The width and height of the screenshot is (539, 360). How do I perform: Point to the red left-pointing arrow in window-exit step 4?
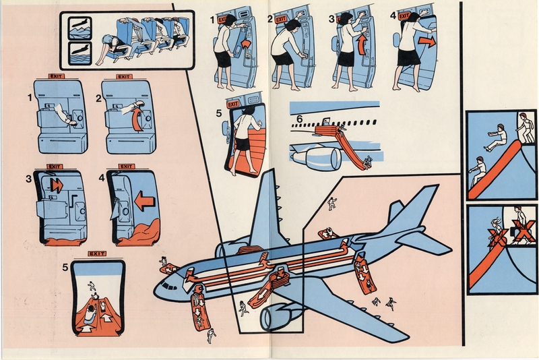coord(144,200)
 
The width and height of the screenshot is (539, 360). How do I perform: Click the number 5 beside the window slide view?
coord(65,267)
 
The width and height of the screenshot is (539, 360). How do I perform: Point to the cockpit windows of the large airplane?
coord(166,286)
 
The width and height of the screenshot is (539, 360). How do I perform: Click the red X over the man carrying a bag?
coord(523,229)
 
